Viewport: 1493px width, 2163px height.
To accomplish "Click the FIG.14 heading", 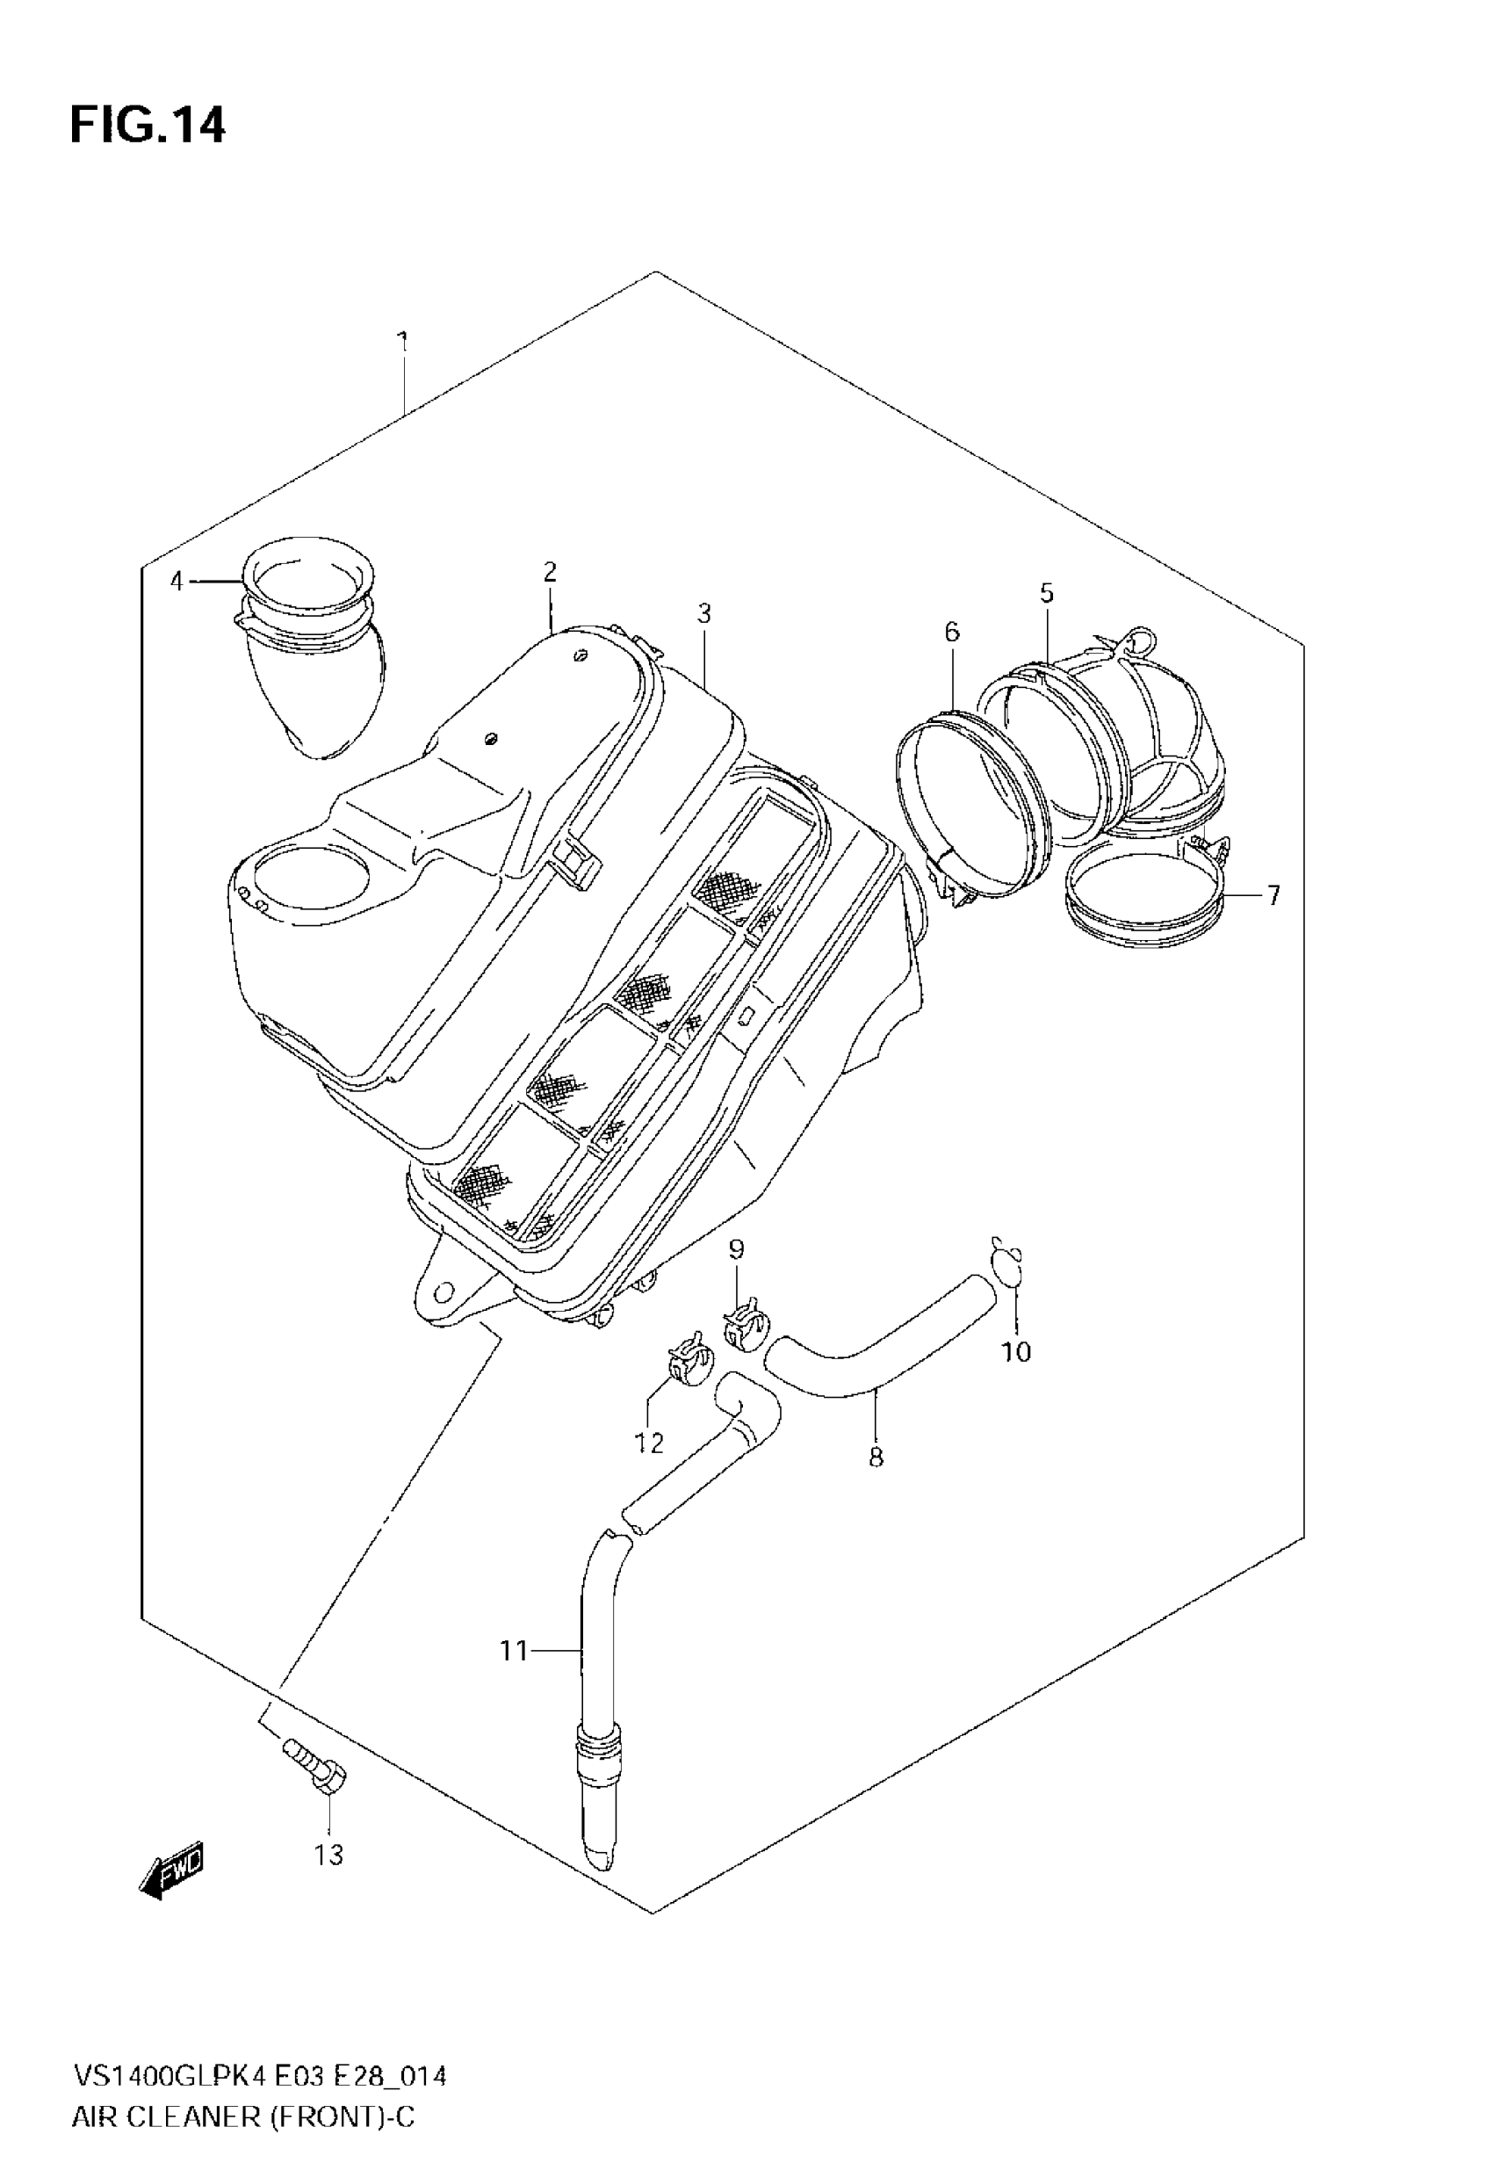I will pyautogui.click(x=148, y=126).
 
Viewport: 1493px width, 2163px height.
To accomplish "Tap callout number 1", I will pyautogui.click(x=403, y=343).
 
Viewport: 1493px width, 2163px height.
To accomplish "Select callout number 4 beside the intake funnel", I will pyautogui.click(x=177, y=582).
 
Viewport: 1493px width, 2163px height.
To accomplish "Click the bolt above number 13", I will pyautogui.click(x=316, y=1765).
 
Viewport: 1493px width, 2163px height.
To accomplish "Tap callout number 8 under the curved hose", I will pyautogui.click(x=876, y=1457).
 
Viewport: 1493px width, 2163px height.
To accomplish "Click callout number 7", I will pyautogui.click(x=1273, y=895).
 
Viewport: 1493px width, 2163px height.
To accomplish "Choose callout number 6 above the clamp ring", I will pyautogui.click(x=951, y=633).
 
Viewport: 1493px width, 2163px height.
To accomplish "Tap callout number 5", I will pyautogui.click(x=1047, y=593).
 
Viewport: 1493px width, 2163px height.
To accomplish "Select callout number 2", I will pyautogui.click(x=549, y=572).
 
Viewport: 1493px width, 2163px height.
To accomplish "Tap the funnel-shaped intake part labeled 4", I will pyautogui.click(x=314, y=655).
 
